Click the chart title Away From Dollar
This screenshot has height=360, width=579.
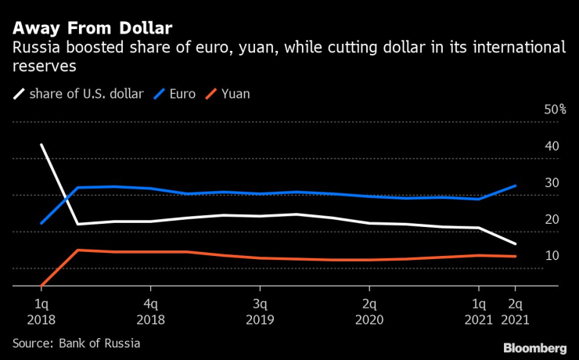92,28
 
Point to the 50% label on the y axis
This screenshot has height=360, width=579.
555,110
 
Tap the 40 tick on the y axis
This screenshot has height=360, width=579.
552,146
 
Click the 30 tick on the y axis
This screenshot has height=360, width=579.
552,183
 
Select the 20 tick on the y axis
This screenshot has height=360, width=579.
552,219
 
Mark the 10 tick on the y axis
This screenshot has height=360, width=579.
552,256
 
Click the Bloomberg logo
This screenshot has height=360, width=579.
534,347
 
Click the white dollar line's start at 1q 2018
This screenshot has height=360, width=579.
41,145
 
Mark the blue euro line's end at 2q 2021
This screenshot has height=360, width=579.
515,185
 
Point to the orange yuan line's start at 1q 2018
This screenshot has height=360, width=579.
41,286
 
